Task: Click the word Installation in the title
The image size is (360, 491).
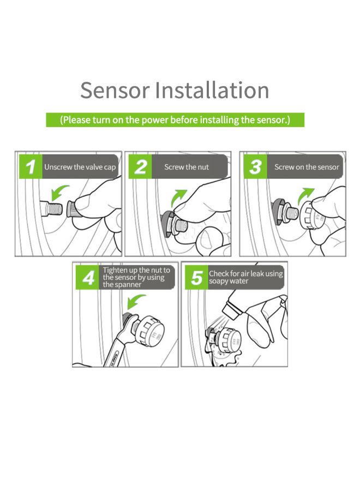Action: [212, 90]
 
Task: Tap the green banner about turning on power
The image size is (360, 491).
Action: [175, 119]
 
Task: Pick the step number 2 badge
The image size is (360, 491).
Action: [141, 167]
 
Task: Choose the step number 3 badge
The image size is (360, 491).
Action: [255, 167]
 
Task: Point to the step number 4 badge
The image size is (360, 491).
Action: [88, 278]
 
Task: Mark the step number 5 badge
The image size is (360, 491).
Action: [196, 278]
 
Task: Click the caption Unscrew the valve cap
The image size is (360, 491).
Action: [80, 167]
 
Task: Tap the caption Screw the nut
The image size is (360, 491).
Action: [187, 167]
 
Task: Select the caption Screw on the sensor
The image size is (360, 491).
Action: [306, 167]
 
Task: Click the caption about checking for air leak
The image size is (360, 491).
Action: [245, 277]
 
